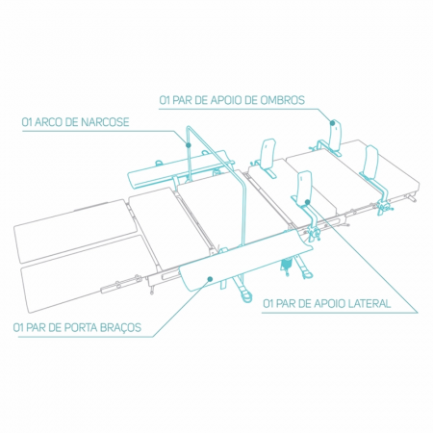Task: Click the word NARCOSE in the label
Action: (x=105, y=122)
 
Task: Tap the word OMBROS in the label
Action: (x=282, y=100)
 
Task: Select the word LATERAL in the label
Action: (x=369, y=303)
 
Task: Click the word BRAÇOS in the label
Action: (x=120, y=328)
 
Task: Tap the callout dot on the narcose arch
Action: (x=189, y=145)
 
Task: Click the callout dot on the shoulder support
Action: (x=333, y=122)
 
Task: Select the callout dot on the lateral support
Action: (x=307, y=202)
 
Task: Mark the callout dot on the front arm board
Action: (x=210, y=279)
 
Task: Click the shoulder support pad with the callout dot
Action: (x=335, y=135)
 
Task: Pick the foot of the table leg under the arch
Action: (x=246, y=297)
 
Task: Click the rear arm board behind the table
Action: (x=180, y=170)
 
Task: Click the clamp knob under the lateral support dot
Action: (x=313, y=234)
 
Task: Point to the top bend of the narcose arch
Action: (x=190, y=127)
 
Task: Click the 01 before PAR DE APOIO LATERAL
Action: (x=268, y=303)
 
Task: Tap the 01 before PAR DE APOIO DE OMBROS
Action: (x=165, y=100)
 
